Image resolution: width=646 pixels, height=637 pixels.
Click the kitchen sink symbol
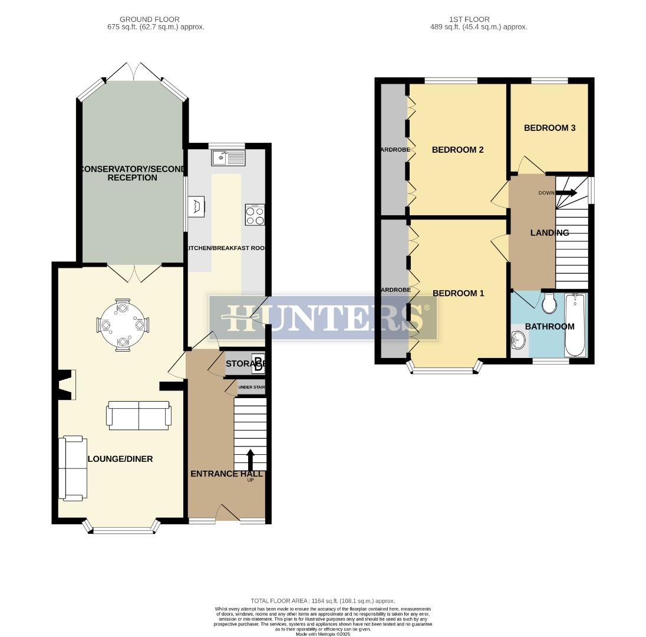point(228,158)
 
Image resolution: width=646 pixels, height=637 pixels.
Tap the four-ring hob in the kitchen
point(255,215)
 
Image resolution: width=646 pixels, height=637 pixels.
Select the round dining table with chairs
point(122,325)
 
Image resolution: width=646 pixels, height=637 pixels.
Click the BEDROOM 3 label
point(549,128)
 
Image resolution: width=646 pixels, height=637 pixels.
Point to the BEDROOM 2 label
point(457,150)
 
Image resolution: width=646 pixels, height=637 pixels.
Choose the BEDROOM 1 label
point(458,293)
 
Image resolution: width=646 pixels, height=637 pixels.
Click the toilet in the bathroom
point(549,304)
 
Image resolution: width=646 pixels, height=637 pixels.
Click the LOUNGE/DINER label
point(120,459)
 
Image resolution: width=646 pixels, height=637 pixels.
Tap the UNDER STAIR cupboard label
point(251,388)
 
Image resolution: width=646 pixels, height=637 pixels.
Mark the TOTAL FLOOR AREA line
point(323,600)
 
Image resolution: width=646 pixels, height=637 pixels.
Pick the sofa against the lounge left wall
point(73,468)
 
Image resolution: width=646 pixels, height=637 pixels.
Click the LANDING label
point(549,233)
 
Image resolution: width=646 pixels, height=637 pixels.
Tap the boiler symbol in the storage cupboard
point(258,365)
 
